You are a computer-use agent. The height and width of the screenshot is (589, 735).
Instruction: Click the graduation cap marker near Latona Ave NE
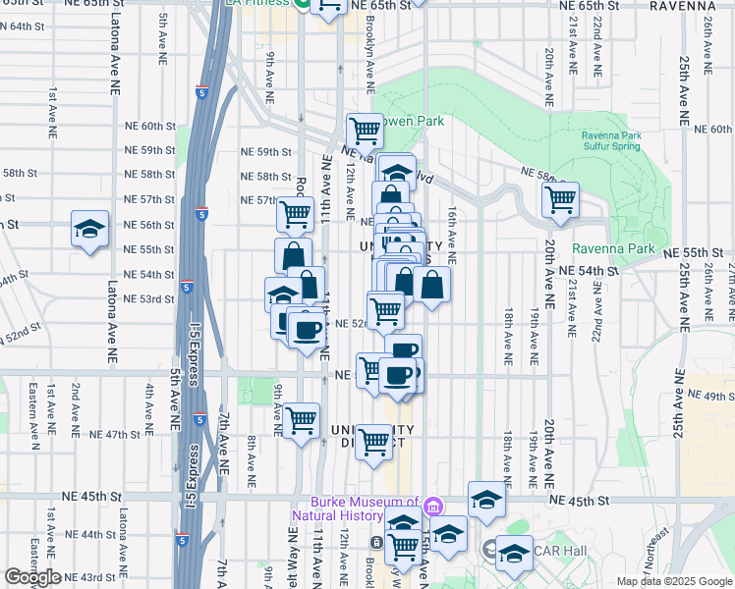point(89,230)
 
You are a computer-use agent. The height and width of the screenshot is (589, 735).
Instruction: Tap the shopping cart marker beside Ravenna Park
point(560,199)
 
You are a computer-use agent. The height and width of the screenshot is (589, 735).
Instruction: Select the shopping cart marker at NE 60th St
point(365,130)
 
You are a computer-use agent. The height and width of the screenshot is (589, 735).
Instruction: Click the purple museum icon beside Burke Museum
point(432,507)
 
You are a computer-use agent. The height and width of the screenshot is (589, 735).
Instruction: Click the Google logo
point(32,577)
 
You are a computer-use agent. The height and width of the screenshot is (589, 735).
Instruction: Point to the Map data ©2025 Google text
point(673,581)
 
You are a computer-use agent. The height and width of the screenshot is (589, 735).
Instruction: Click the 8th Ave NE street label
point(252,463)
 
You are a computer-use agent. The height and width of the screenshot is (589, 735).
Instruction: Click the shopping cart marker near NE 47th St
point(301,420)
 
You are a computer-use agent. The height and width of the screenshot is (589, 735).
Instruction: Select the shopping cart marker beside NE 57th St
point(295,214)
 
